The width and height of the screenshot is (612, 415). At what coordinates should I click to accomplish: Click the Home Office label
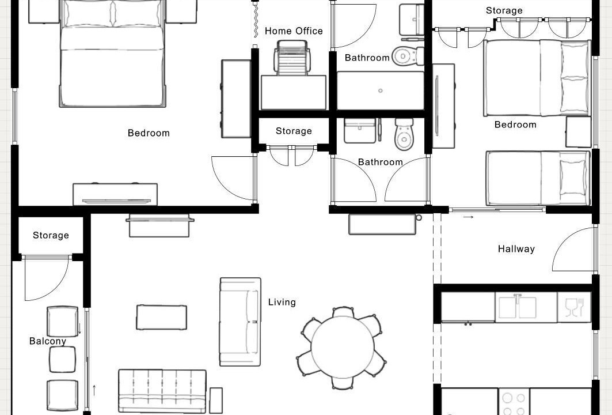(x=294, y=31)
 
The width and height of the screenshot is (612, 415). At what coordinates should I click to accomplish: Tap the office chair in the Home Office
(x=292, y=58)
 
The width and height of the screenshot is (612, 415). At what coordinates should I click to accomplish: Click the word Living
(x=282, y=302)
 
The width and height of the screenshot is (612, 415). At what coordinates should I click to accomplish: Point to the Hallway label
(x=516, y=249)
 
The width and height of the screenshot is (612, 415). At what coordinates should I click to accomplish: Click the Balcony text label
(x=48, y=341)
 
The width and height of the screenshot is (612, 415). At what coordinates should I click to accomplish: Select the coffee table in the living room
(x=162, y=318)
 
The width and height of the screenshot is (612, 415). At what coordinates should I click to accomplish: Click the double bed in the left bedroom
(x=112, y=54)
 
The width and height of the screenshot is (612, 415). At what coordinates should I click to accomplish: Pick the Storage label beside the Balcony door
(x=51, y=235)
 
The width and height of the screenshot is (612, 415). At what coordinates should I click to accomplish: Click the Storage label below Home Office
(x=294, y=131)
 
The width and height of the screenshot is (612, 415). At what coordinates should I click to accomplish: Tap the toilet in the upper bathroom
(x=408, y=56)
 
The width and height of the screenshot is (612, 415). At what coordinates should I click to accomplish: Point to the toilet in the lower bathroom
(x=404, y=134)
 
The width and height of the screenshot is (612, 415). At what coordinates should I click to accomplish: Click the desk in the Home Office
(x=294, y=93)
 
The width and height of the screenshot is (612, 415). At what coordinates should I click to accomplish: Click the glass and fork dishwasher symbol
(x=574, y=307)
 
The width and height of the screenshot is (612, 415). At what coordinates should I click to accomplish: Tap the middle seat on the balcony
(x=62, y=360)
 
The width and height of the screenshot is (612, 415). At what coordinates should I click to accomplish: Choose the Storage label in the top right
(x=504, y=10)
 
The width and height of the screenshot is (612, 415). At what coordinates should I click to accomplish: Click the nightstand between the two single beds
(x=579, y=131)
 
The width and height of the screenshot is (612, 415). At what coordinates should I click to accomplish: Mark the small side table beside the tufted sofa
(x=216, y=400)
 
